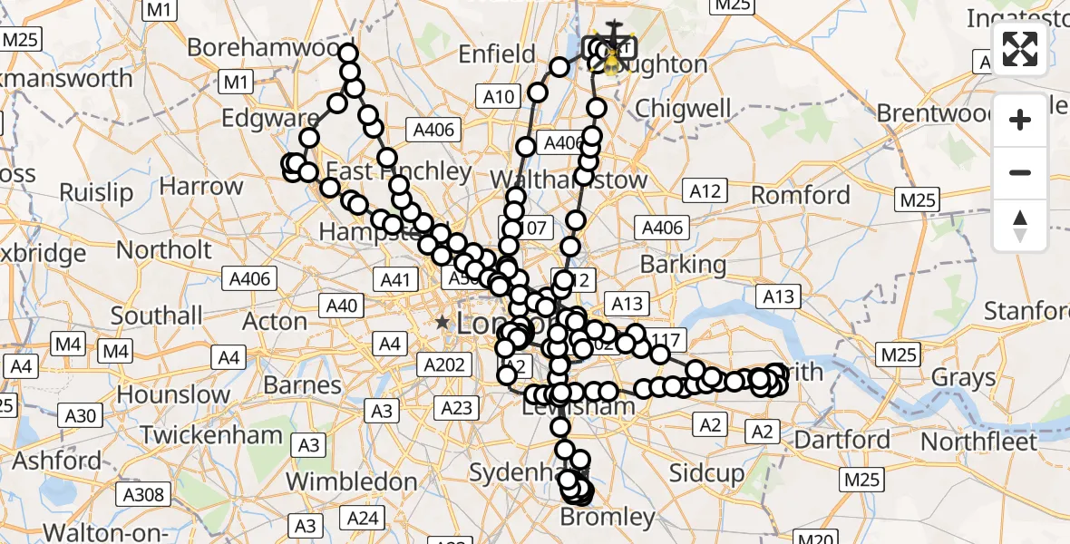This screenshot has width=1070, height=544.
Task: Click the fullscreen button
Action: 1020,49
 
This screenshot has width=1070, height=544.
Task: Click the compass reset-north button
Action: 1020,226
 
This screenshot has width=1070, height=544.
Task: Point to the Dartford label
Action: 841,440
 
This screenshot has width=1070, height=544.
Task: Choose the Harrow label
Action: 201,187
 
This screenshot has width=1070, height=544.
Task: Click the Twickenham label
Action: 211,434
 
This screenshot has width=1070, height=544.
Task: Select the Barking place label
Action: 683,265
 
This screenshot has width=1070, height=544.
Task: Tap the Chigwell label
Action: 683,108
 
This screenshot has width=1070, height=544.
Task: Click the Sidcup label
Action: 706,472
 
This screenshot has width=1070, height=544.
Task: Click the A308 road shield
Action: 142,494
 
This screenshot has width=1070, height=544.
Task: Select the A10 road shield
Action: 500,97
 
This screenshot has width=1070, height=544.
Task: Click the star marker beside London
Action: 442,322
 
